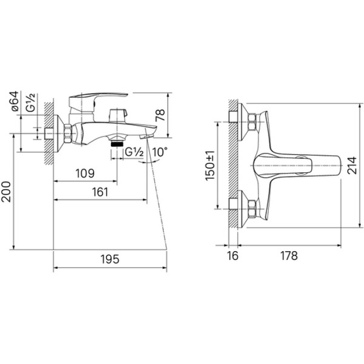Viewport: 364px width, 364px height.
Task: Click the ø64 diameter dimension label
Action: pyautogui.click(x=15, y=101)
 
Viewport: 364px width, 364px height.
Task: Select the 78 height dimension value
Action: pyautogui.click(x=160, y=115)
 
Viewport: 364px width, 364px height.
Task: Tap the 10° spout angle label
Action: pyautogui.click(x=160, y=152)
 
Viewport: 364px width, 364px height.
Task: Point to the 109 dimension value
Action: pyautogui.click(x=85, y=173)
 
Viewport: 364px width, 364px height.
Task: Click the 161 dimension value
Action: pyautogui.click(x=100, y=192)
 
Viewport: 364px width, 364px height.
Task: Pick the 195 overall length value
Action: pyautogui.click(x=110, y=259)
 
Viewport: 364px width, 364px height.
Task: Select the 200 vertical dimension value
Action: pyautogui.click(x=5, y=192)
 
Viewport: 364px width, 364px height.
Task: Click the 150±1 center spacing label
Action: pyautogui.click(x=210, y=165)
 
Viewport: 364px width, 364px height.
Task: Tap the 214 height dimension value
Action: pyautogui.click(x=352, y=166)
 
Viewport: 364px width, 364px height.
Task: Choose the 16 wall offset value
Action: pyautogui.click(x=232, y=256)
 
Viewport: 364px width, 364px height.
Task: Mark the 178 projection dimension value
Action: pyautogui.click(x=289, y=256)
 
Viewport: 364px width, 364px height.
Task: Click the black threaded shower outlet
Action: pyautogui.click(x=116, y=144)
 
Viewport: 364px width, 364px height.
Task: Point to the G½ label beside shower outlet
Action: pyautogui.click(x=134, y=152)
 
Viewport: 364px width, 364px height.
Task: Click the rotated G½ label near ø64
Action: pyautogui.click(x=30, y=103)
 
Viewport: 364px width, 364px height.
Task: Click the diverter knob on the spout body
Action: pyautogui.click(x=118, y=115)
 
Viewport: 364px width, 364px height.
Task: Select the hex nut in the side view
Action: pyautogui.click(x=68, y=133)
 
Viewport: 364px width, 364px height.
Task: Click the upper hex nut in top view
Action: pyautogui.click(x=252, y=122)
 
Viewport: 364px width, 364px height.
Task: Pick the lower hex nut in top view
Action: pyautogui.click(x=252, y=209)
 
